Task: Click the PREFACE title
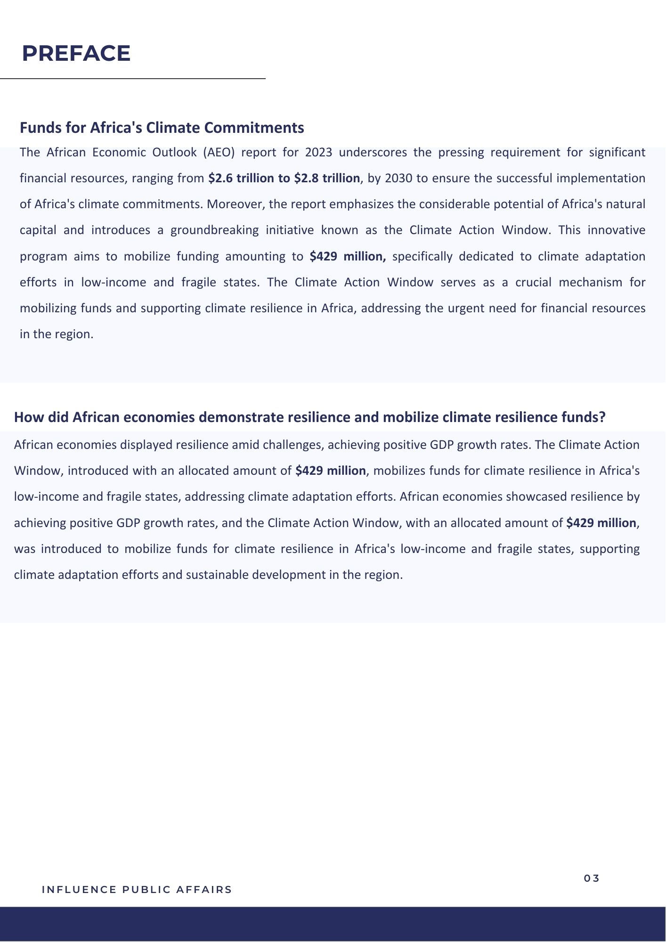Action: (76, 53)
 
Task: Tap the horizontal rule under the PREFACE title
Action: (133, 79)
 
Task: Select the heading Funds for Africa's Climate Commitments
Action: (162, 128)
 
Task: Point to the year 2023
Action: (318, 153)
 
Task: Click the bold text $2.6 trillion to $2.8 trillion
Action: (284, 179)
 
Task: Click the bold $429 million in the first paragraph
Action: (347, 257)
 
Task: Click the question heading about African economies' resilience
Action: (309, 418)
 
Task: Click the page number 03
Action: (592, 878)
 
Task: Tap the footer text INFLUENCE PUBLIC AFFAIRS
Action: (137, 890)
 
